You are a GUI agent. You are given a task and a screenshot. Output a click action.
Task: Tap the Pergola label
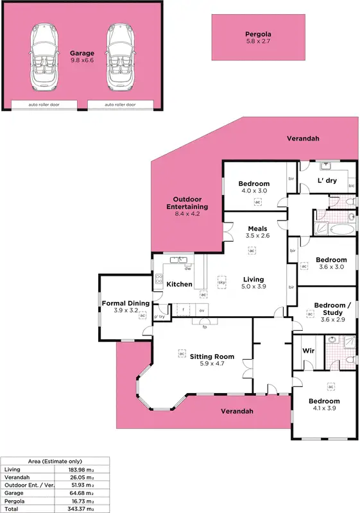pyautogui.click(x=258, y=34)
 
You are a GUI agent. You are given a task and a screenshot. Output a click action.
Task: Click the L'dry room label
pyautogui.click(x=327, y=181)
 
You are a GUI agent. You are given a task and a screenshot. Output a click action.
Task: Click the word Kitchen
pyautogui.click(x=180, y=284)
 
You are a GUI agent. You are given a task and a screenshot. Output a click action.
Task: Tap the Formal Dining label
pyautogui.click(x=126, y=303)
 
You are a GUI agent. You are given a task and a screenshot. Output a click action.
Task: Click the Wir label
pyautogui.click(x=307, y=352)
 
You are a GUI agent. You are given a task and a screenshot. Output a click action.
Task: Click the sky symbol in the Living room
pyautogui.click(x=223, y=282)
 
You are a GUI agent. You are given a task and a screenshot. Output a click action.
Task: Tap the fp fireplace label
pyautogui.click(x=204, y=327)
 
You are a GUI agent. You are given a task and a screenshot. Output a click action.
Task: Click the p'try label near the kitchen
pyautogui.click(x=159, y=317)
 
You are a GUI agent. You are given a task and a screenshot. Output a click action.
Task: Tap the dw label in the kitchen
pyautogui.click(x=188, y=269)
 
